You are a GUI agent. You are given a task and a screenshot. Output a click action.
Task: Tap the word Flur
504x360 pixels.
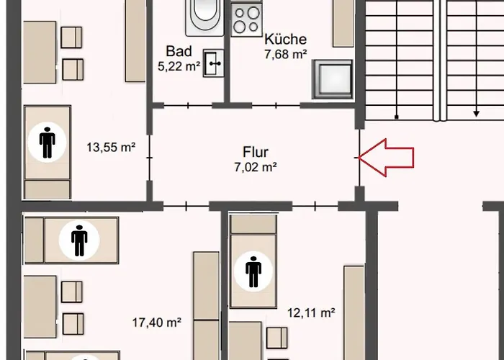coord(255,152)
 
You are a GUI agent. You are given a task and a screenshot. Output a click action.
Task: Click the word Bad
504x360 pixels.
coord(178,51)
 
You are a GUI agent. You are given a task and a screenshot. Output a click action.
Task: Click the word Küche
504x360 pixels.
coord(285,39)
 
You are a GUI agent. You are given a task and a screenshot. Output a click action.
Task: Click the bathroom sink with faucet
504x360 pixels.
coord(214,63)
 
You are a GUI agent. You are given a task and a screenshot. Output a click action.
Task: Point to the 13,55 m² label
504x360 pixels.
coord(112,148)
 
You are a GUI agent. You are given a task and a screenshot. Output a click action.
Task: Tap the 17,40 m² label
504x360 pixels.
coord(156,323)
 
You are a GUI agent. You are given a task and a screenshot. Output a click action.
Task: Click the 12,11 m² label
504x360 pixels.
coord(312,312)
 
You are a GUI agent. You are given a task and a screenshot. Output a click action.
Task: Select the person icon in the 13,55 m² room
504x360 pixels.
coord(48,143)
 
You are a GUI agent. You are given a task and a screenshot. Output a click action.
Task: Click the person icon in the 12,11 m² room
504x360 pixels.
coord(253,271)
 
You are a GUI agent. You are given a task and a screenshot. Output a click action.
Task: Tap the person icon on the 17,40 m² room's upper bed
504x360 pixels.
coord(78,240)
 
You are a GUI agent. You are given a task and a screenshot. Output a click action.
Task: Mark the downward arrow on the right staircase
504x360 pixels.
coord(476,113)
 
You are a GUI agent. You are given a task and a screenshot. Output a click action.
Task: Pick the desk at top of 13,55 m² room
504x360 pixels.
coord(39,43)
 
